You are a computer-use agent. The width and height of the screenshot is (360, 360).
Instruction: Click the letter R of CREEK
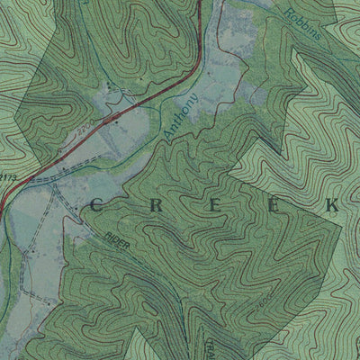pyautogui.click(x=152, y=206)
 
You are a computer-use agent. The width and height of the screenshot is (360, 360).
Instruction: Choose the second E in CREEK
pyautogui.click(x=270, y=206)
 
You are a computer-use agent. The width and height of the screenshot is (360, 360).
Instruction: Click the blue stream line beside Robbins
pyautogui.click(x=270, y=7)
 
